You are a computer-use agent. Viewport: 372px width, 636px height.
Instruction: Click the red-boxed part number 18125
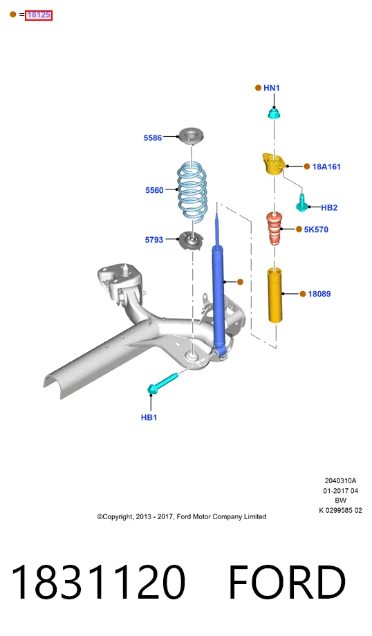(x=39, y=15)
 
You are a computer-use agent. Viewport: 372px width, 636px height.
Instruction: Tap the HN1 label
(x=271, y=88)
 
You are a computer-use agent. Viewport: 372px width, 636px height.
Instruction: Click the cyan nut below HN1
(x=275, y=113)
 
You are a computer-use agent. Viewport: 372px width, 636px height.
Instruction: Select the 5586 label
(x=153, y=138)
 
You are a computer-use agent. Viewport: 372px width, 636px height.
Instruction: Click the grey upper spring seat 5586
(x=192, y=136)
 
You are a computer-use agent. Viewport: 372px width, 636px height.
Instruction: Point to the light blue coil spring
(x=192, y=192)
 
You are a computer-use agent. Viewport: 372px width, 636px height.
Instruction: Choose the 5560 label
(x=154, y=190)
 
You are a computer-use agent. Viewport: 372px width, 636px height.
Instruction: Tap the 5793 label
(x=154, y=240)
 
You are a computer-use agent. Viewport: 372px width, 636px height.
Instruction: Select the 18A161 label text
(x=326, y=167)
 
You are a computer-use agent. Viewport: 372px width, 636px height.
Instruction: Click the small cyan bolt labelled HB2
(x=301, y=202)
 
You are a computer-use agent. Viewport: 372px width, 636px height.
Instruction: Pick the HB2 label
(x=329, y=207)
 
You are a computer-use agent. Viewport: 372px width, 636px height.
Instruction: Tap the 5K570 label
(x=316, y=230)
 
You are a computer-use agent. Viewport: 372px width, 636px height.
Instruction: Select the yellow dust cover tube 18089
(x=275, y=295)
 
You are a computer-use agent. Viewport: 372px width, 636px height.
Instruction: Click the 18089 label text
(x=319, y=294)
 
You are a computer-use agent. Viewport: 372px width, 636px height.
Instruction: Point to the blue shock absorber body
(x=218, y=296)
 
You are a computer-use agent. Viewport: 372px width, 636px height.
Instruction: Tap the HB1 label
(x=149, y=418)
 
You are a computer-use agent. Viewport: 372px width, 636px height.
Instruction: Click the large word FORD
(x=287, y=583)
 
